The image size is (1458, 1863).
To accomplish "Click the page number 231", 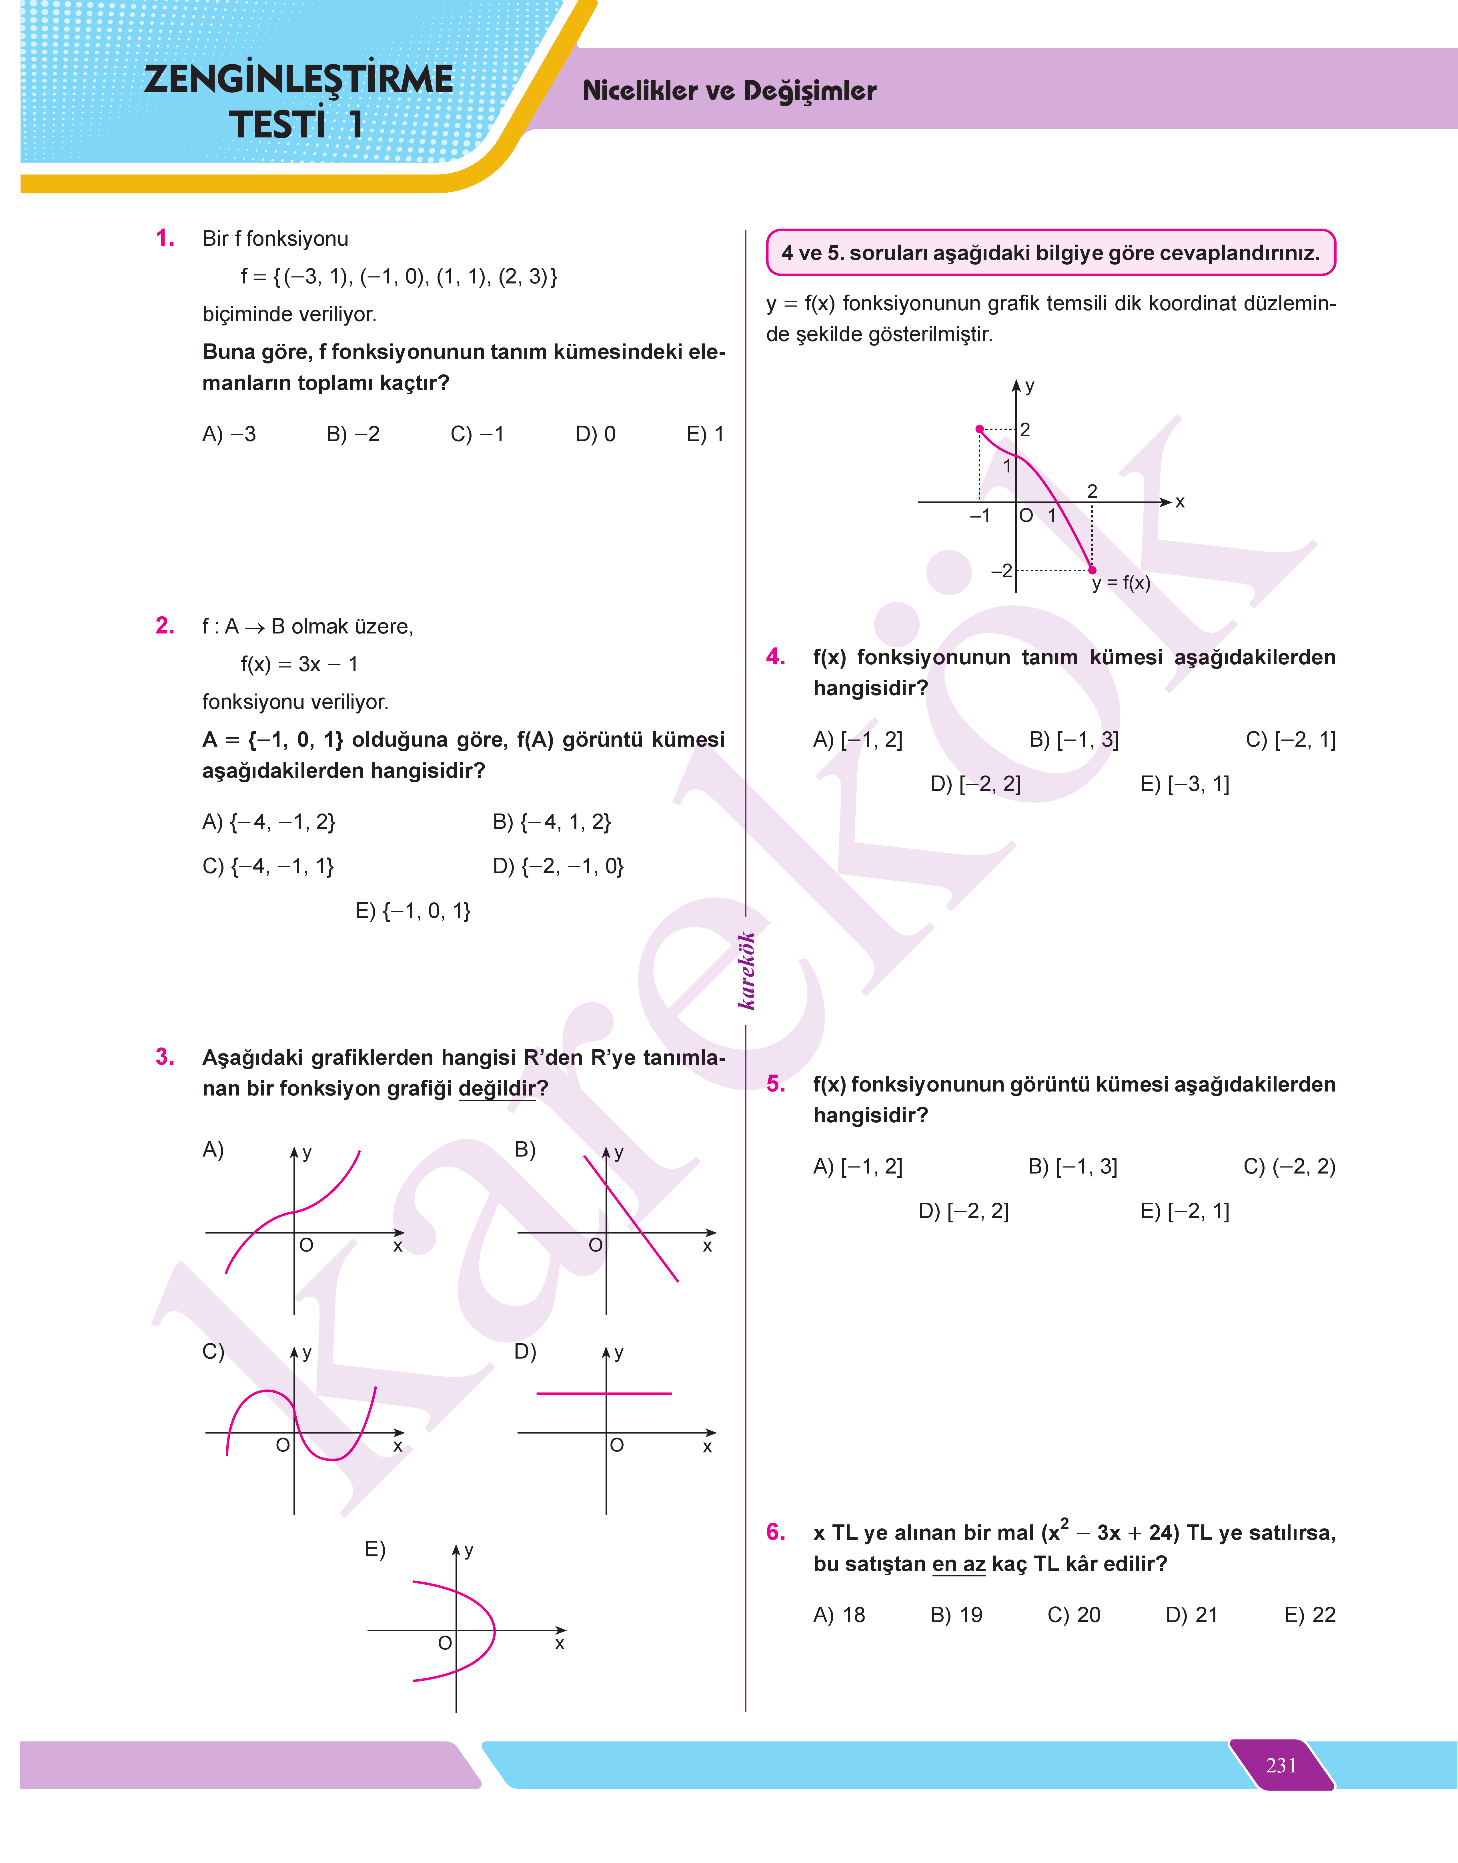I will coord(1281,1765).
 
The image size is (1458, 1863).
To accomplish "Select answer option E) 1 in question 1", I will coord(705,434).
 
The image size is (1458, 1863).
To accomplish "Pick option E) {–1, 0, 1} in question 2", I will coord(413,911).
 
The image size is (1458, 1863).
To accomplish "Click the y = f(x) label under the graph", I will coord(1121,584).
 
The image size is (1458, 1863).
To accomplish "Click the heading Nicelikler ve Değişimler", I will coord(729,91).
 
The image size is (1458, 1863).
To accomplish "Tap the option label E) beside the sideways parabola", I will coord(375,1549).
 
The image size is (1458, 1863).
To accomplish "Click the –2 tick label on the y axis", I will coord(1001,570).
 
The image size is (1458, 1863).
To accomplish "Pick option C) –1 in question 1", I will coord(477,434).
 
